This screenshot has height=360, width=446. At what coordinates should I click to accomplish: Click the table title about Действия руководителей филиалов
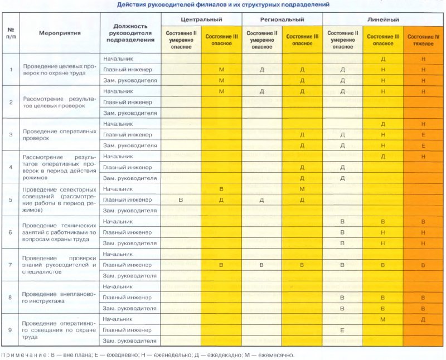223,4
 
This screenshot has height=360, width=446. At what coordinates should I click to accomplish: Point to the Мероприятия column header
60,33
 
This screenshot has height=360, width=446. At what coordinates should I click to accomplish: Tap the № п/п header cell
11,33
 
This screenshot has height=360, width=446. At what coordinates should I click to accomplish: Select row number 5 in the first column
11,200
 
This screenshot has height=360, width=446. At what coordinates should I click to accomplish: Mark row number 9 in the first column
11,330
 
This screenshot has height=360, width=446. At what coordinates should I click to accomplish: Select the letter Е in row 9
342,330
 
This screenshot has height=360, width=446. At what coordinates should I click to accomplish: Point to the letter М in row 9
383,319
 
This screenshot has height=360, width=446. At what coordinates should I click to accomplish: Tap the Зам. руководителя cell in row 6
130,244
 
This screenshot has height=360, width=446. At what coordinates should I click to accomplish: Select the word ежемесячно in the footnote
274,354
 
